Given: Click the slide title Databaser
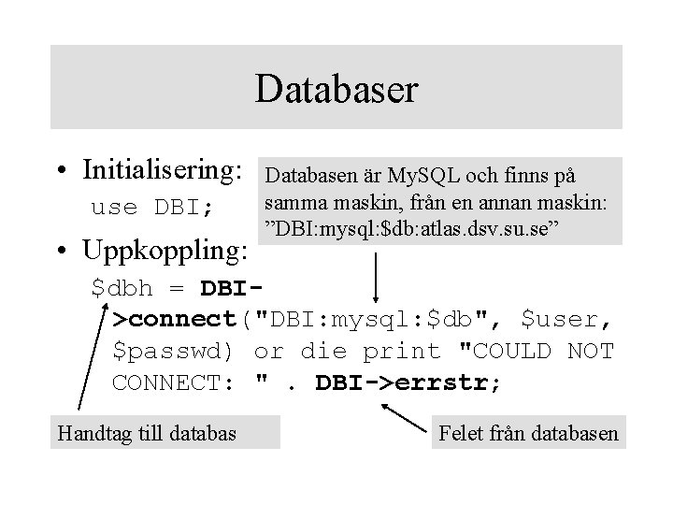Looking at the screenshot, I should [x=336, y=90].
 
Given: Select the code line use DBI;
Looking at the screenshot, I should [x=152, y=207].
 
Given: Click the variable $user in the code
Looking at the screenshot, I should [x=566, y=320].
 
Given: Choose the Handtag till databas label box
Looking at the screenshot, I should [x=148, y=432].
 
